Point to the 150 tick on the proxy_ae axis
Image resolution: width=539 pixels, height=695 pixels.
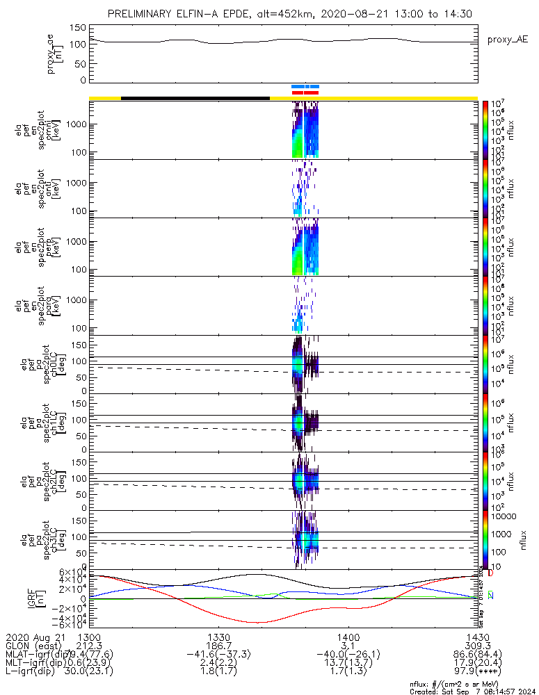(78, 28)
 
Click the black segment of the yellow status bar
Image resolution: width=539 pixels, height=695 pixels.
(195, 98)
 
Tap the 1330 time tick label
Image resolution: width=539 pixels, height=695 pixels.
(218, 636)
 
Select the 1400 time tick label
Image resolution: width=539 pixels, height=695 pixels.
(348, 636)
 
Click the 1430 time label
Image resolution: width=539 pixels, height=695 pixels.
(477, 636)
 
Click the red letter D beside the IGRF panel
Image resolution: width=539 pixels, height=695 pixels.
(490, 573)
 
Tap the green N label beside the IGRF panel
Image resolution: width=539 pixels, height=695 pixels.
(490, 595)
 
